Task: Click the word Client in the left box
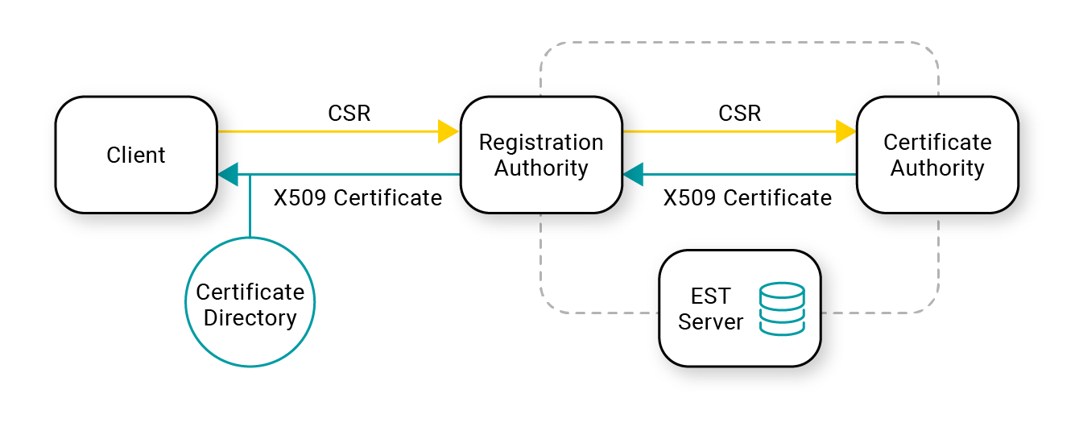(136, 155)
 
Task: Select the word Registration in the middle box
(541, 143)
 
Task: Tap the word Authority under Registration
(541, 168)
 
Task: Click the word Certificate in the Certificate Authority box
(937, 143)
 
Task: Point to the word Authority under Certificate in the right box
(937, 168)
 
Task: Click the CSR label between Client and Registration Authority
(349, 114)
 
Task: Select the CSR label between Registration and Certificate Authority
(740, 114)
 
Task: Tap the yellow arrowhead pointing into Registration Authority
(449, 131)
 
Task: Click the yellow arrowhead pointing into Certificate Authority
(845, 131)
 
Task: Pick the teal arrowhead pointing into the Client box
(229, 174)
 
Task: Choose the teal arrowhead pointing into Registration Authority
(634, 174)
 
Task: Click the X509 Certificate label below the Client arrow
(358, 197)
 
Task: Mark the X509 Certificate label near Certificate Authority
(747, 197)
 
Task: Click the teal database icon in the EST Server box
(782, 309)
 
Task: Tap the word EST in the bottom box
(711, 296)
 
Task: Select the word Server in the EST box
(711, 322)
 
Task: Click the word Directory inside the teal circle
(250, 318)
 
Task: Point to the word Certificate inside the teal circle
(250, 292)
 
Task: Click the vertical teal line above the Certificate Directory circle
(250, 206)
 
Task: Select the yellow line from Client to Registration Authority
(329, 131)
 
